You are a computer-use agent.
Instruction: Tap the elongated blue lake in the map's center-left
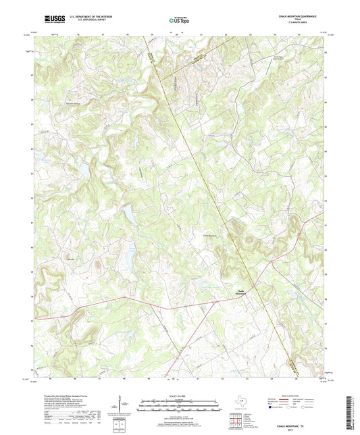[126, 215]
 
